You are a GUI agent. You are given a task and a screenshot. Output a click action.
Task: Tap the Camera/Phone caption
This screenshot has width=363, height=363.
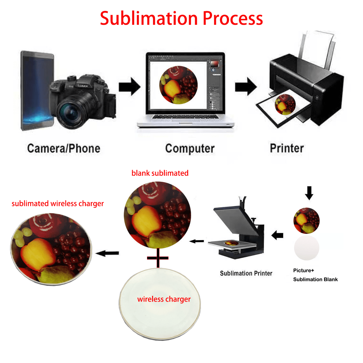64,149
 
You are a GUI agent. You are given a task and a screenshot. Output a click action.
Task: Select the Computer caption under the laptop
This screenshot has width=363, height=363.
190,149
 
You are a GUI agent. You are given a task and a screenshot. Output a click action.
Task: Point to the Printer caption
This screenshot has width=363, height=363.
287,148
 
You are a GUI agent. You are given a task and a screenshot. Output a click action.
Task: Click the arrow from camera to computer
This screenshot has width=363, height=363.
129,87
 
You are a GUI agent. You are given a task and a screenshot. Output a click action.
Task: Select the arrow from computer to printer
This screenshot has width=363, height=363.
246,87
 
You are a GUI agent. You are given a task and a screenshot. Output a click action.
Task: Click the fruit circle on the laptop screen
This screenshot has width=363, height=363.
178,85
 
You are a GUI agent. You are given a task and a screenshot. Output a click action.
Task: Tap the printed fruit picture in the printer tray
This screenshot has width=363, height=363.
285,104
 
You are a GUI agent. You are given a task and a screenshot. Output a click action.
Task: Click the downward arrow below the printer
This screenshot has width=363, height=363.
309,193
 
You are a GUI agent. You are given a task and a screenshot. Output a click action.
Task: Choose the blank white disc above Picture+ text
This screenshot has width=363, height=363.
306,248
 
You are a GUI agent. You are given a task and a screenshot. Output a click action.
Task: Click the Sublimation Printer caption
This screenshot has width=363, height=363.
246,273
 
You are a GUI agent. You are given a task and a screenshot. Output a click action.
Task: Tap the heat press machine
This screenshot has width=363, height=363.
239,230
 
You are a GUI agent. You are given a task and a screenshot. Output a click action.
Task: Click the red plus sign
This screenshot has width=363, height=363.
158,258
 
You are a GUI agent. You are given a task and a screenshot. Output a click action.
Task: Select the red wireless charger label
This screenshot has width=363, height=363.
164,299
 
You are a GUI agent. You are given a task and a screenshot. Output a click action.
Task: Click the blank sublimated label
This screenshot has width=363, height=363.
160,173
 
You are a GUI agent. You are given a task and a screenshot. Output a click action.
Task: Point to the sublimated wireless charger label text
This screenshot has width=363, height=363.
57,204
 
